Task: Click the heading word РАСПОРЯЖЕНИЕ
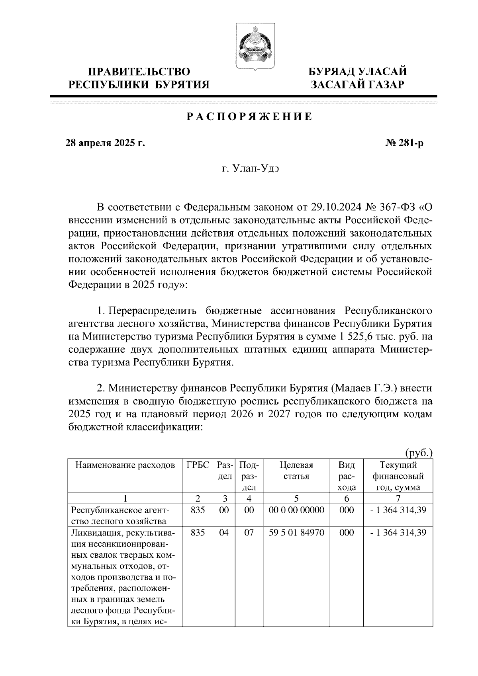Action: point(249,117)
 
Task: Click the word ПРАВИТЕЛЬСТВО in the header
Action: point(139,72)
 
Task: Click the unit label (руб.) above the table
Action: point(419,453)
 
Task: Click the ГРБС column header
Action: point(198,465)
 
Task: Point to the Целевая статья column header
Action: point(296,471)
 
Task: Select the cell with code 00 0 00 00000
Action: point(296,510)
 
